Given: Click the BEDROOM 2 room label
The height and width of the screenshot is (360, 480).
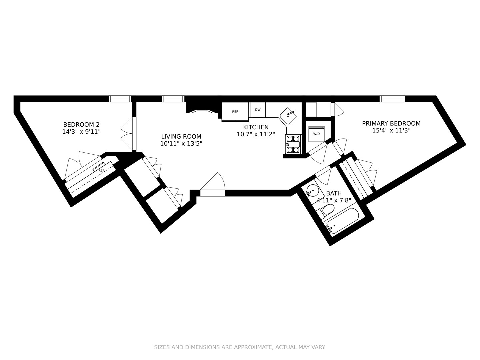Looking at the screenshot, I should point(81,124).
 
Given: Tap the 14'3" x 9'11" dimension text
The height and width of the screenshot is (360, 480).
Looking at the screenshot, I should point(81,132).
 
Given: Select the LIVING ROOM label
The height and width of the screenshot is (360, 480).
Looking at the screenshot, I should point(181,136).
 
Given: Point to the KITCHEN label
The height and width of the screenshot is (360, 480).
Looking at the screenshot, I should point(256,127).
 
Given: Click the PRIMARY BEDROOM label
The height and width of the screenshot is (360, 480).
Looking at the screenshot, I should point(391,123).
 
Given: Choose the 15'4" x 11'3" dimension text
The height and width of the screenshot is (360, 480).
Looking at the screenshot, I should point(391,131).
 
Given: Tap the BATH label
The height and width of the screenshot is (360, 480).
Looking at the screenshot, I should point(334,193).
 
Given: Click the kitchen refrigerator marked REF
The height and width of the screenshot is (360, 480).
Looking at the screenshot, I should point(235,112).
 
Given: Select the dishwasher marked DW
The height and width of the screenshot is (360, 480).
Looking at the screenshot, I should point(258,110).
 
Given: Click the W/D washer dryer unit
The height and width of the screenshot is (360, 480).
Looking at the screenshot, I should point(316,134).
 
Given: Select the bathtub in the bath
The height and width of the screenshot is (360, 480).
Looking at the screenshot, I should point(343,220).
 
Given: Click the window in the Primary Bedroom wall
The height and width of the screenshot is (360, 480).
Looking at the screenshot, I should point(392,99).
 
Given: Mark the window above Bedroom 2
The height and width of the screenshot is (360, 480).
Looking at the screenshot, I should point(120,99).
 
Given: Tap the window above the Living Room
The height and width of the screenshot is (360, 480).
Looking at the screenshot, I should point(173,99).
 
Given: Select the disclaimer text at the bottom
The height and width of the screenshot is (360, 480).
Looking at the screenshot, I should point(240,347).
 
